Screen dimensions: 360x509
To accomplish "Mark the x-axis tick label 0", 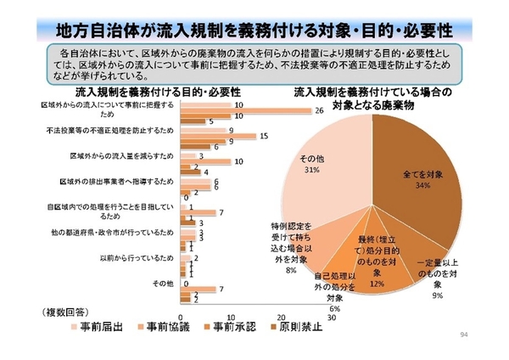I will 183,306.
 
